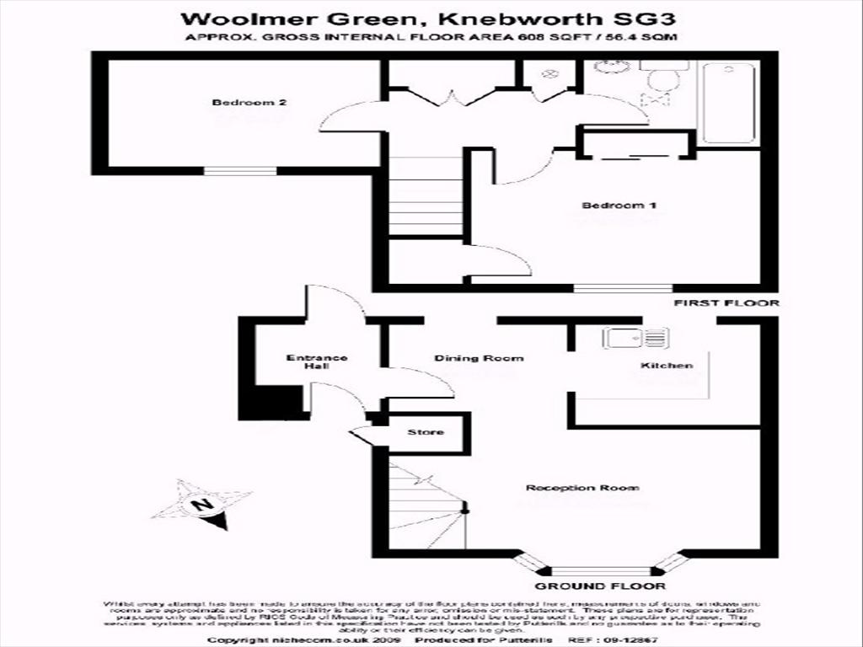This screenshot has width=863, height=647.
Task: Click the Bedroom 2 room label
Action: [249, 103]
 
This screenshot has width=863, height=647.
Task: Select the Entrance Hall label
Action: [316, 362]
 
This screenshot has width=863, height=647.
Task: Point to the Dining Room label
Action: [479, 358]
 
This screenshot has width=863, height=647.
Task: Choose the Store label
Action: [426, 432]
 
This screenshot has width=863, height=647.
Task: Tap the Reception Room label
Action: [582, 488]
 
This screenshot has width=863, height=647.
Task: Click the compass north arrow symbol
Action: [202, 505]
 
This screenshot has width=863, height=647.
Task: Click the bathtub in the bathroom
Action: [729, 103]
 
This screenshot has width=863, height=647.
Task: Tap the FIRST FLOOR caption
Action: [726, 303]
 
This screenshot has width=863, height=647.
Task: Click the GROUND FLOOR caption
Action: [600, 586]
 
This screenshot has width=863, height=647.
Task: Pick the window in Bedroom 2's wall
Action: [240, 171]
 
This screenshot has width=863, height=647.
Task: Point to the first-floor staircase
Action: [426, 195]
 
